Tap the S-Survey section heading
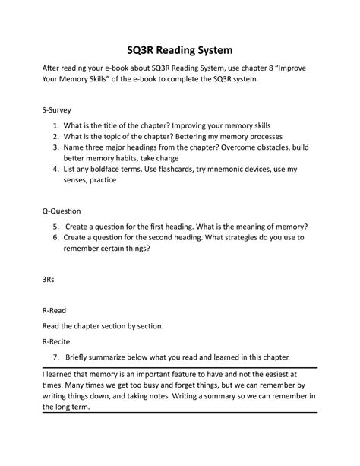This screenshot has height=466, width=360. (x=60, y=109)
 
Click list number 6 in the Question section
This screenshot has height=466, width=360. (x=57, y=237)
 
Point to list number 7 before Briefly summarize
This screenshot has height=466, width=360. (x=57, y=357)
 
